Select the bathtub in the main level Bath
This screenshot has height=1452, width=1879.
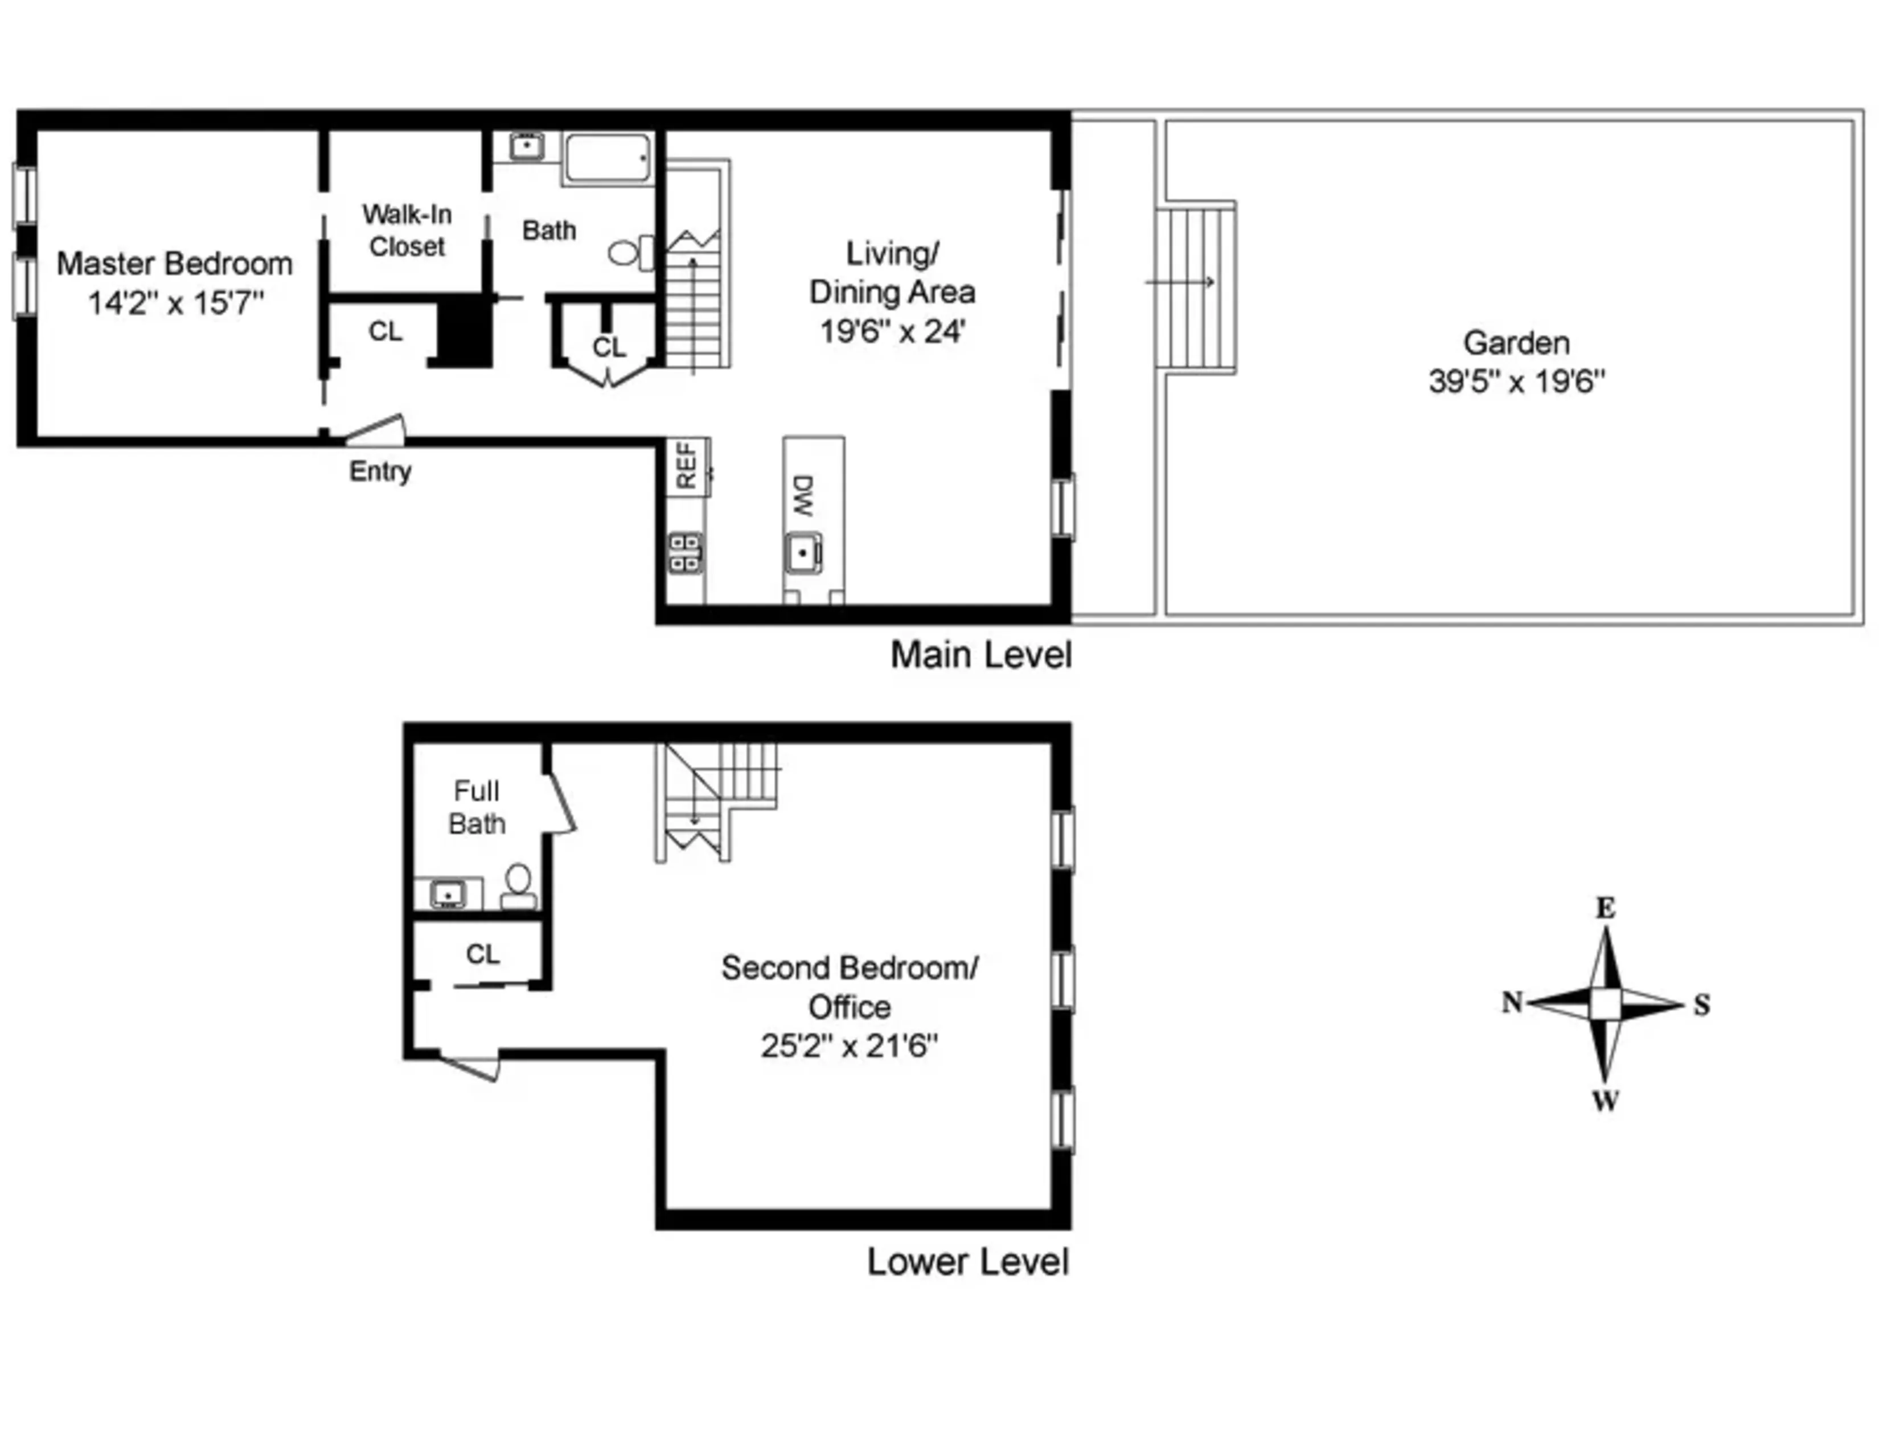608,157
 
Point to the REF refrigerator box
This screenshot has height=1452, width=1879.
687,467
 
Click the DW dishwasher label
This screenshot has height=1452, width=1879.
803,497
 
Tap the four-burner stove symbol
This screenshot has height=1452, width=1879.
686,552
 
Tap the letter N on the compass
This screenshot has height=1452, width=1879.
1512,1002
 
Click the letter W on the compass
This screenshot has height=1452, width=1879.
1606,1100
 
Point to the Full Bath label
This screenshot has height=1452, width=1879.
477,807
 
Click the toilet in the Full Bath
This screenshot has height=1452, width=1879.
518,886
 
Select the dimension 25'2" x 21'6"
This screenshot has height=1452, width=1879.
848,1046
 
